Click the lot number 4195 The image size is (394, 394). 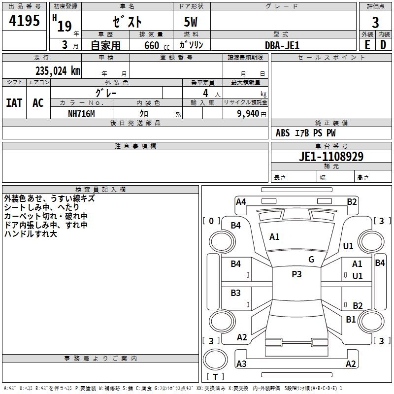[24, 21]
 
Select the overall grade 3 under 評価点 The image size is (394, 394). [375, 23]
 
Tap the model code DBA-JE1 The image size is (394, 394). [282, 45]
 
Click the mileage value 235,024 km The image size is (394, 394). [58, 71]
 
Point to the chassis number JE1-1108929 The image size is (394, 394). [331, 157]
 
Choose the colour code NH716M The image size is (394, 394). [81, 114]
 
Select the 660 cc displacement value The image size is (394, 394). [157, 45]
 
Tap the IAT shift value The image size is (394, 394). [14, 103]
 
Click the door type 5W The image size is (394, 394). [191, 22]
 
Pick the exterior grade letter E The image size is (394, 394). [367, 45]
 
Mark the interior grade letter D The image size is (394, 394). [383, 45]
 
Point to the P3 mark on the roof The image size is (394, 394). [296, 274]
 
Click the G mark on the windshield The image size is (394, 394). [311, 260]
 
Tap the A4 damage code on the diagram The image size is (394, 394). [241, 202]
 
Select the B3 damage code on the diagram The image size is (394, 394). [235, 293]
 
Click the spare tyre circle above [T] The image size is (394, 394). [215, 359]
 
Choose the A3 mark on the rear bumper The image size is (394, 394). [241, 363]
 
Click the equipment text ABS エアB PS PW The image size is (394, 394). [305, 133]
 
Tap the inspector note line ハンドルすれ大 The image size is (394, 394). [31, 233]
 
